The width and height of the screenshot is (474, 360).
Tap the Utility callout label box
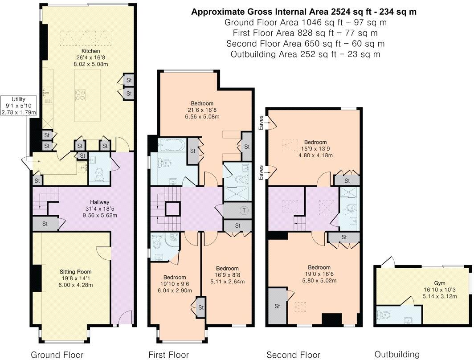[x=19, y=106]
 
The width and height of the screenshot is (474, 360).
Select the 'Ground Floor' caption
[x=57, y=355]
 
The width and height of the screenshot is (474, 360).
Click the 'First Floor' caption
[x=169, y=355]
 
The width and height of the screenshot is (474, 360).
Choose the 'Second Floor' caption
[x=293, y=355]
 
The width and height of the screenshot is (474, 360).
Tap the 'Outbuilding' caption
[x=397, y=354]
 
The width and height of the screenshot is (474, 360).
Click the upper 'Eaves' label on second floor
[x=261, y=123]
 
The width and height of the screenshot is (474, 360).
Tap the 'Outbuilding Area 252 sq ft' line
[x=305, y=54]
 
